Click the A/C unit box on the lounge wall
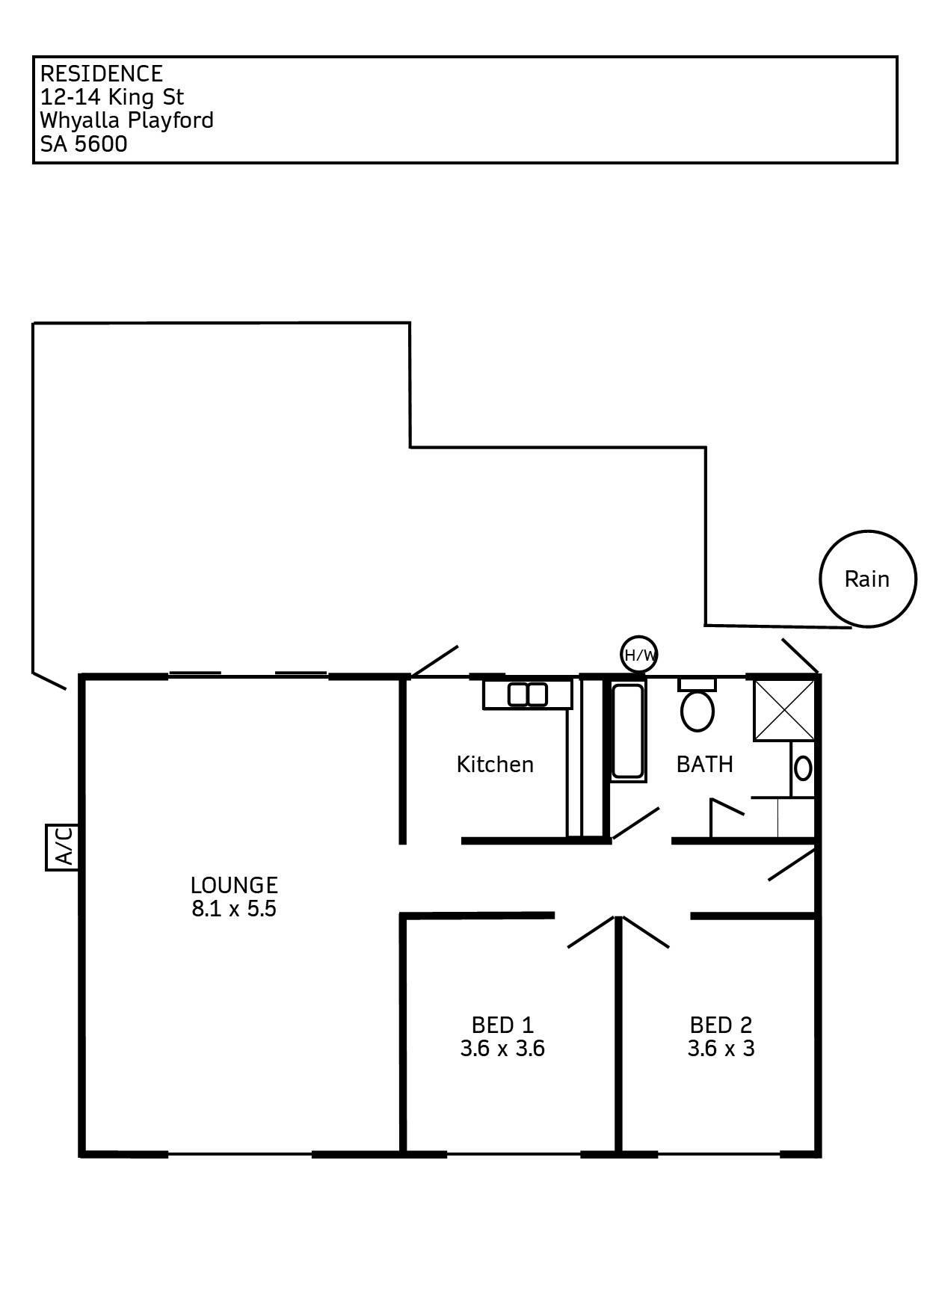point(61,847)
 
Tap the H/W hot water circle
point(640,655)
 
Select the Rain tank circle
point(867,579)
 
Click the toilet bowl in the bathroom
point(697,709)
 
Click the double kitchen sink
point(528,694)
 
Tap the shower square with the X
point(783,710)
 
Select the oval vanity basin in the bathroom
point(803,768)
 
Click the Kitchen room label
point(495,764)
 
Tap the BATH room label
point(704,764)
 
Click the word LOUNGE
point(234,885)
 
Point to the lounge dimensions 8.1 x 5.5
point(234,909)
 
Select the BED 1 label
point(502,1025)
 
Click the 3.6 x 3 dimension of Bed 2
point(721,1049)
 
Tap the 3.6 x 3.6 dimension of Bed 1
point(502,1049)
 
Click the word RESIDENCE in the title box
point(101,73)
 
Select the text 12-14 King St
point(112,96)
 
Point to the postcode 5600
point(100,144)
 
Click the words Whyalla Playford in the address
point(127,120)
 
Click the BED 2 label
point(721,1025)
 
